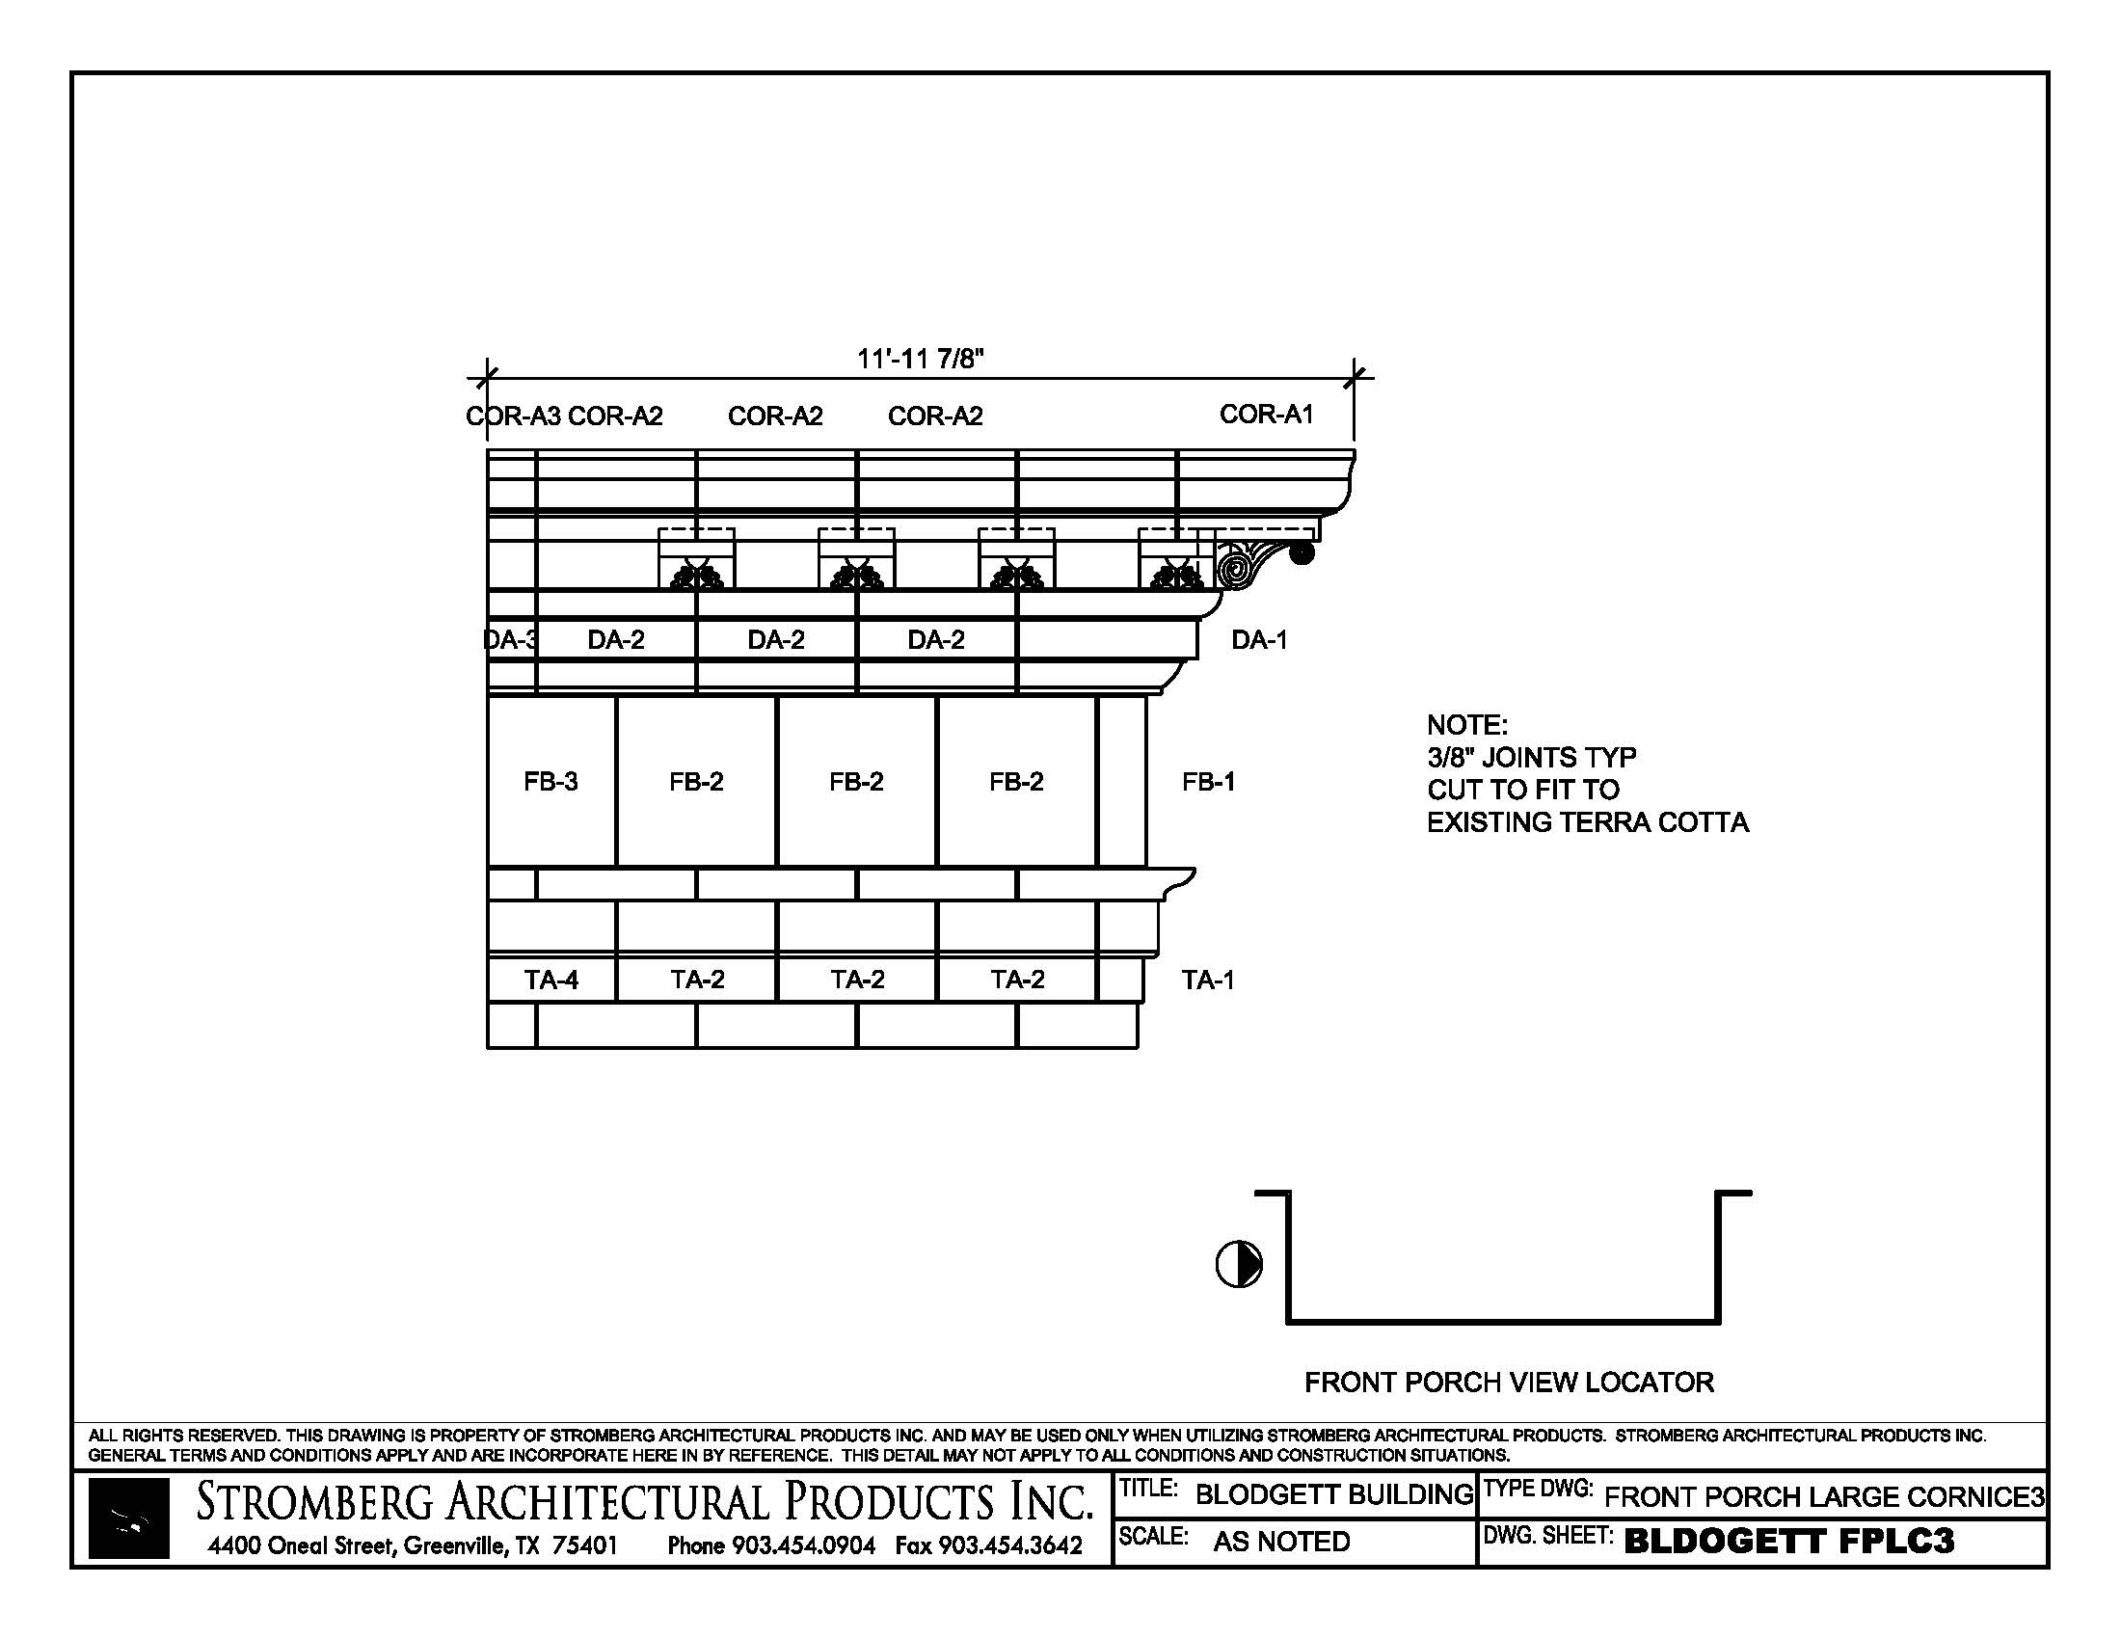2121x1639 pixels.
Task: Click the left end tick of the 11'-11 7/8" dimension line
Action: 488,377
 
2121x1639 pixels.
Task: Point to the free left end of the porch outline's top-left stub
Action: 1256,1194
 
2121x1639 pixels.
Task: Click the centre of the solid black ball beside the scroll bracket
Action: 1302,553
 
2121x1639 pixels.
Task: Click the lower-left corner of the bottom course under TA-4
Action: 488,1048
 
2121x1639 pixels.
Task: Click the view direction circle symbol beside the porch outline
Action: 1239,1264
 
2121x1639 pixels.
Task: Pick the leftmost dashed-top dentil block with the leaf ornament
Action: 697,559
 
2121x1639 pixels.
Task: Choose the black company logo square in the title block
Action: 128,1518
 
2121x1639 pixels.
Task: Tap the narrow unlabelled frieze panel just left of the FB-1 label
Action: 1121,782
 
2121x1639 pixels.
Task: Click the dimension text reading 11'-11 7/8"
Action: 920,359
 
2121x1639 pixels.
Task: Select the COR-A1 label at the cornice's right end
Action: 1267,415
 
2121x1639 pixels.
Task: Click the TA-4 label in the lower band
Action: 551,980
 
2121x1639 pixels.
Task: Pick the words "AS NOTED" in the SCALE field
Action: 1282,1541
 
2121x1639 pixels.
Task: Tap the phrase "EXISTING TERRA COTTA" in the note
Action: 1588,822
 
